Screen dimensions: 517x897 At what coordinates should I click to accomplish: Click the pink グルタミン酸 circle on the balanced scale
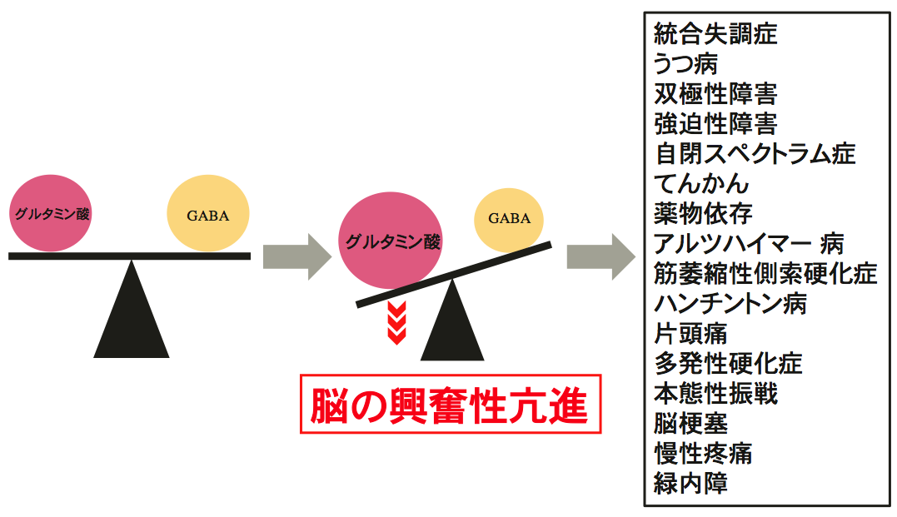tap(50, 213)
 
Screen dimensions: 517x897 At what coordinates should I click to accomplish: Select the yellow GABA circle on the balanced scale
tap(207, 215)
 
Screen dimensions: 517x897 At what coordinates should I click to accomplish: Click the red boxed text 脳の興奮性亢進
tap(450, 405)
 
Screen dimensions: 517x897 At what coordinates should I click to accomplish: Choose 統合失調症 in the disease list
tap(715, 34)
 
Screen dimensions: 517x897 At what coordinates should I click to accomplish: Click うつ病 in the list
tap(685, 64)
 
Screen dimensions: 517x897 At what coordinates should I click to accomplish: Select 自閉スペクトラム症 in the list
tap(755, 154)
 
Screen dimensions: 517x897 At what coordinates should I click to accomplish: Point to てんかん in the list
tap(701, 184)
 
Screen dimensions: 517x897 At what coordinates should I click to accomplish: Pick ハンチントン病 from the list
tap(730, 304)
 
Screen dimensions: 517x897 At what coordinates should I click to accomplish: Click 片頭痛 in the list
tap(690, 334)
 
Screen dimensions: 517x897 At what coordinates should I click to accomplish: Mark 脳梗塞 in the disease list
tap(690, 424)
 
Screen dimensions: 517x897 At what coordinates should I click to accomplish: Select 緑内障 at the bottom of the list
tap(690, 484)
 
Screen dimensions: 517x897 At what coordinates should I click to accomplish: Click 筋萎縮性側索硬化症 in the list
tap(765, 274)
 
